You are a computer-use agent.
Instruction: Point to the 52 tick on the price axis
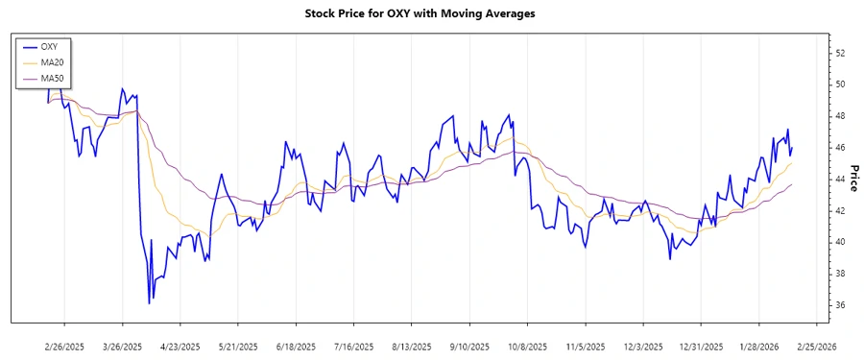[839, 53]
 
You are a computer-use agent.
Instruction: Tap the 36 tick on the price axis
[839, 305]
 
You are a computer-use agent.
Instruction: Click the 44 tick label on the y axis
[839, 180]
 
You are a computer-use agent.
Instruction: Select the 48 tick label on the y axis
[839, 116]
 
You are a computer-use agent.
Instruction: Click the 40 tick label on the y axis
[839, 242]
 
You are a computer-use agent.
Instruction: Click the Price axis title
[853, 179]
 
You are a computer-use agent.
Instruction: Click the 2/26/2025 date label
[64, 346]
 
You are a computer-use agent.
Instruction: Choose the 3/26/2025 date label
[123, 346]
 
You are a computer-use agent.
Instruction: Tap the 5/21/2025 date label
[238, 346]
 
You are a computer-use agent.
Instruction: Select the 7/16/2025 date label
[354, 346]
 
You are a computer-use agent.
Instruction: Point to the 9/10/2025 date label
[469, 346]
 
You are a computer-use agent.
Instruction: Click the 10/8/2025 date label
[528, 346]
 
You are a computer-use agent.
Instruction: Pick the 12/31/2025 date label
[702, 346]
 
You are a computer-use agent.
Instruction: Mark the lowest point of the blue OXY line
[150, 303]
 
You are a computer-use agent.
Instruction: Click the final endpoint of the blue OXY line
[792, 147]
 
